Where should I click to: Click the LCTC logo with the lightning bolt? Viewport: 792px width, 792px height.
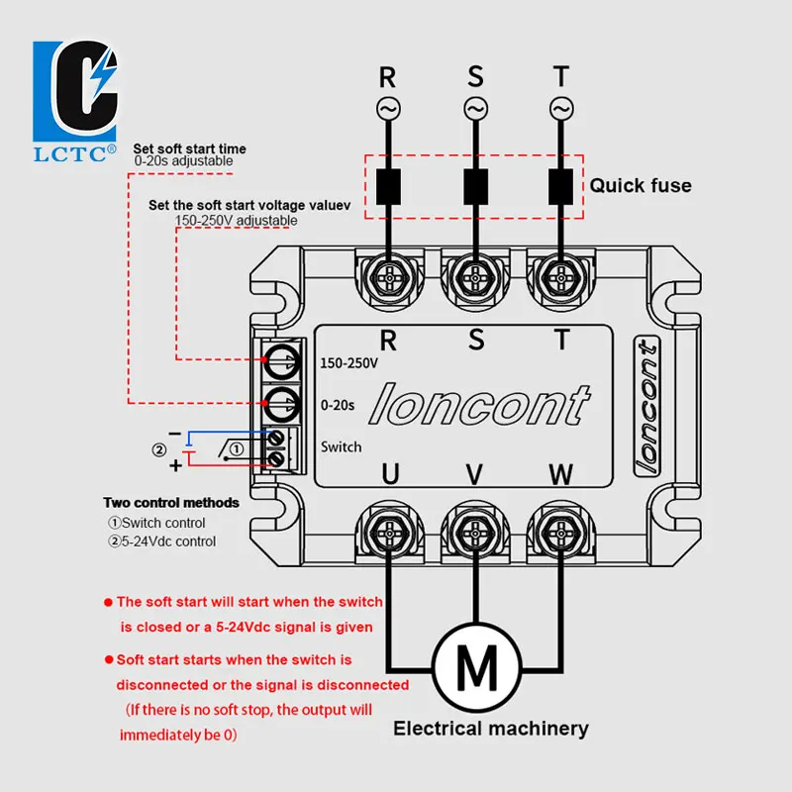click(75, 101)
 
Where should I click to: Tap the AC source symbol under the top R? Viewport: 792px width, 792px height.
click(388, 109)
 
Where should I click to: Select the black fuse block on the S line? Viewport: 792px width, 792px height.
click(475, 186)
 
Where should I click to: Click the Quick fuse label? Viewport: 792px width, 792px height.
click(641, 185)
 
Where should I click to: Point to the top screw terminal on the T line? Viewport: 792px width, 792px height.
click(560, 278)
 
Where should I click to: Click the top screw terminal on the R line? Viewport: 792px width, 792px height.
click(389, 278)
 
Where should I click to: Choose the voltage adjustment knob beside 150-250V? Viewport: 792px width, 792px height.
click(282, 362)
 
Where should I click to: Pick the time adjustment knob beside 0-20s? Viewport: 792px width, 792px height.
click(282, 405)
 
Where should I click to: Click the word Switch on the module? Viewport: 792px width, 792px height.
click(341, 447)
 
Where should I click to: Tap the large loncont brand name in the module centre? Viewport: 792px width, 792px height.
click(479, 405)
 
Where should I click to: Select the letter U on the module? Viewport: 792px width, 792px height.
click(390, 474)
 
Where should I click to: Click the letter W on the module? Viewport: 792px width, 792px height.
click(561, 474)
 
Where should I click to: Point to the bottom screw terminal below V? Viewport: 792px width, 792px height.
click(475, 533)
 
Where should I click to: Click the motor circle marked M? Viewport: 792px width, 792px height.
click(477, 667)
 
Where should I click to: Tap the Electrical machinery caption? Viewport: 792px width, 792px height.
click(491, 729)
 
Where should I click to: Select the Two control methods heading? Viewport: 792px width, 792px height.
click(171, 503)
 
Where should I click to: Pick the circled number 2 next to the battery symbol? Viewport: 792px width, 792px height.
click(159, 449)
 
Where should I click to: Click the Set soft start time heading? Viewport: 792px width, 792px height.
click(189, 148)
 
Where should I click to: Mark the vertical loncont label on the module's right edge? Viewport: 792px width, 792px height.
click(647, 408)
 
